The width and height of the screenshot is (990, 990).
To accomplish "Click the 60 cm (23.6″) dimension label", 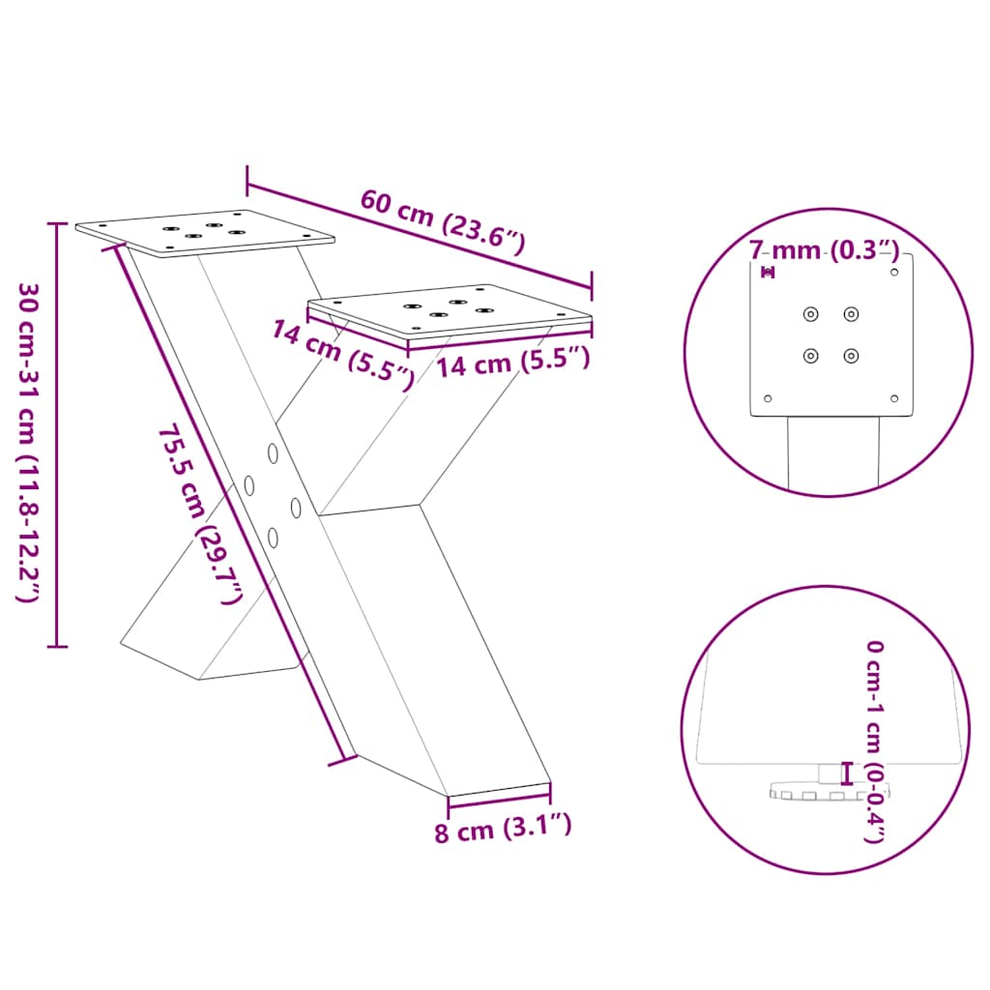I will (x=442, y=221).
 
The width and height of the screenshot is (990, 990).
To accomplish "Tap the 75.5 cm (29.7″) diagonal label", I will (x=198, y=513).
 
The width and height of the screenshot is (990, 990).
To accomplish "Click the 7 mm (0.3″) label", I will (x=825, y=250).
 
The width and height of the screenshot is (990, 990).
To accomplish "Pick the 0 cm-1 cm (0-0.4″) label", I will (x=874, y=740).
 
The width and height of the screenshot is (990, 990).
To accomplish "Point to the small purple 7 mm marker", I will (x=768, y=273).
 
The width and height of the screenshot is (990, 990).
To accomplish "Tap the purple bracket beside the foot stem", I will (x=848, y=773).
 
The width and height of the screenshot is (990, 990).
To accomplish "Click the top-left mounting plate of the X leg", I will (x=205, y=233).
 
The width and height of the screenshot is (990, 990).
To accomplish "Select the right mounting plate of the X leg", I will (x=450, y=309).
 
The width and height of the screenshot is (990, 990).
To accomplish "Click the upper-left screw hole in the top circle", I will (x=810, y=313).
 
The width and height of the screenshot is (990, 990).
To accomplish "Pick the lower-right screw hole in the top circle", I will (x=851, y=355).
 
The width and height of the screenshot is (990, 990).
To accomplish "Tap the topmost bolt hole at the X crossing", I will (x=274, y=451).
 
